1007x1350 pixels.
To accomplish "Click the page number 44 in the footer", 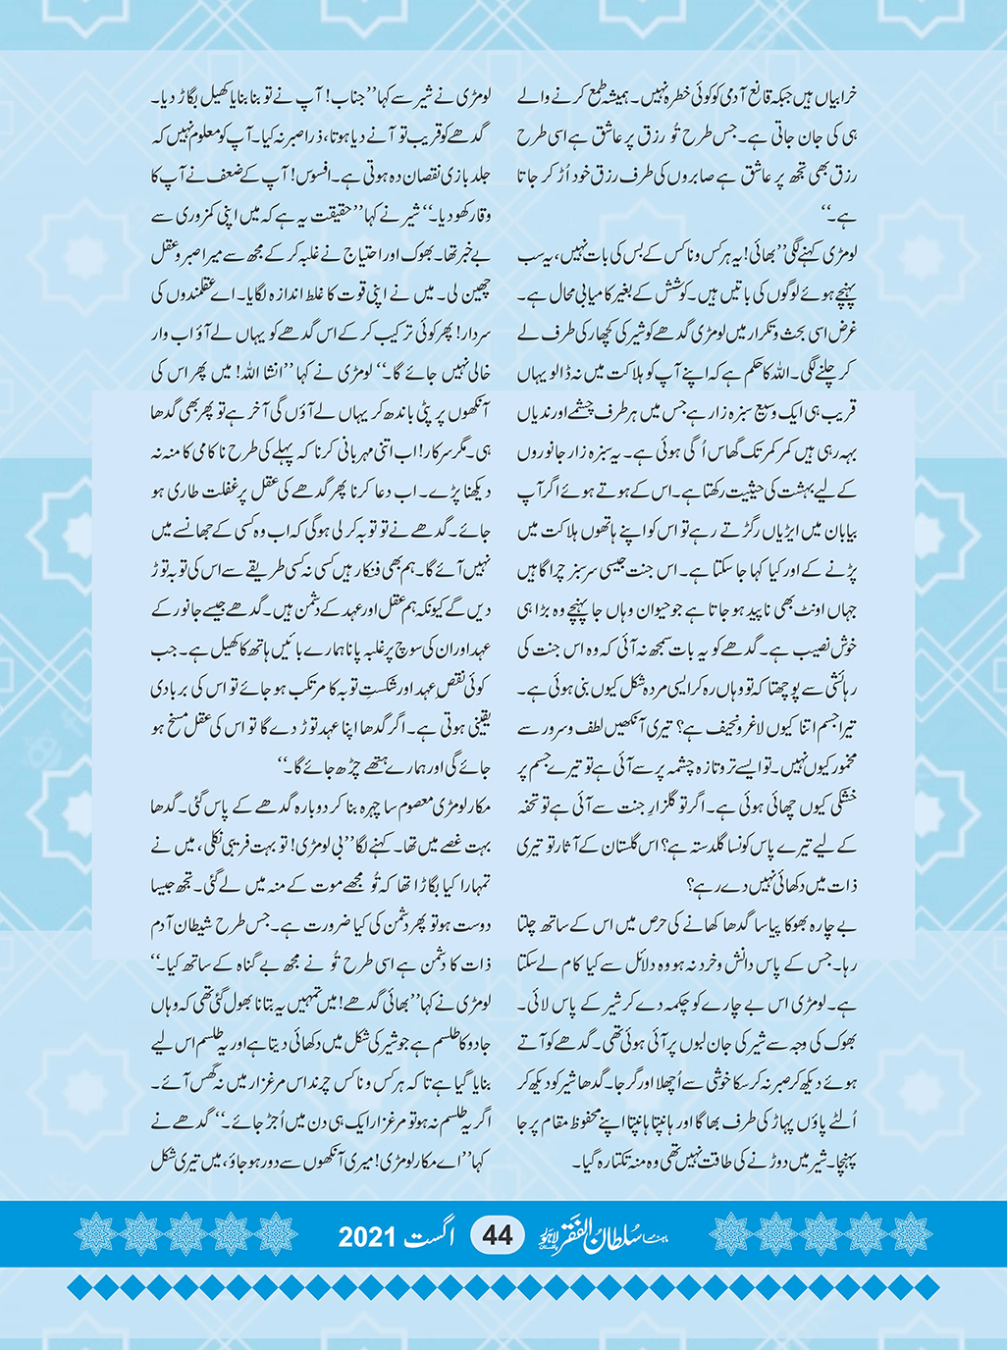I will (x=498, y=1234).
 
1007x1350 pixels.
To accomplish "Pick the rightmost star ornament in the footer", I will (x=910, y=1234).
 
